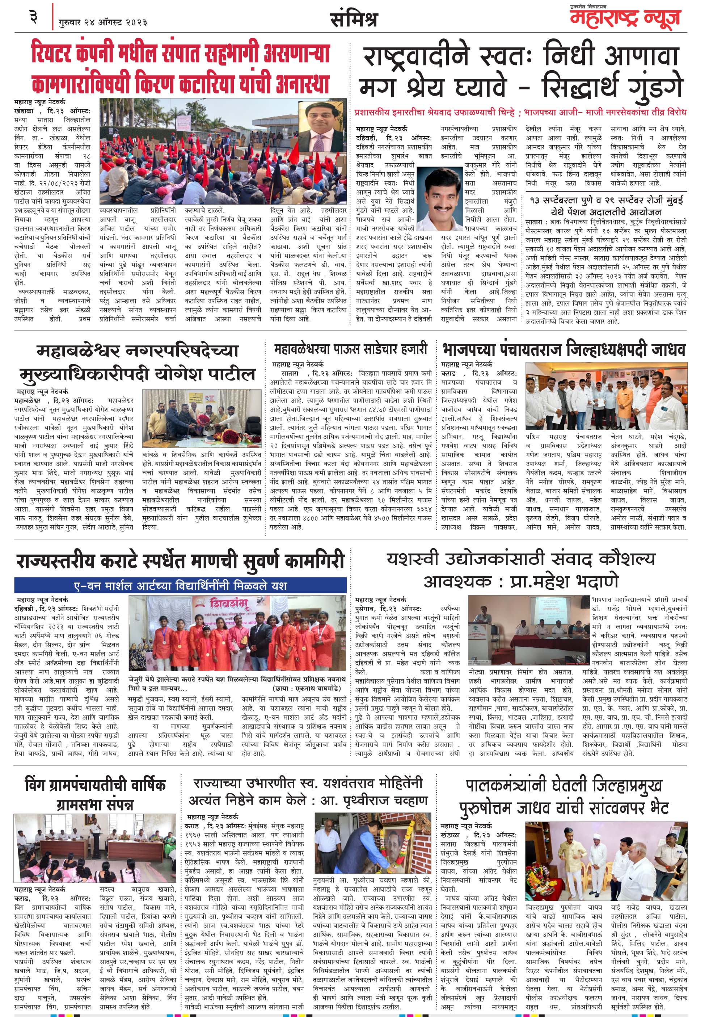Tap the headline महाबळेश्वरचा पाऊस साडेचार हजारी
coord(351,349)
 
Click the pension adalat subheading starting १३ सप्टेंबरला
coord(606,206)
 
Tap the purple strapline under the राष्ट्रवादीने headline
coord(520,113)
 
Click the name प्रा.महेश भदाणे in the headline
coord(564,581)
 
